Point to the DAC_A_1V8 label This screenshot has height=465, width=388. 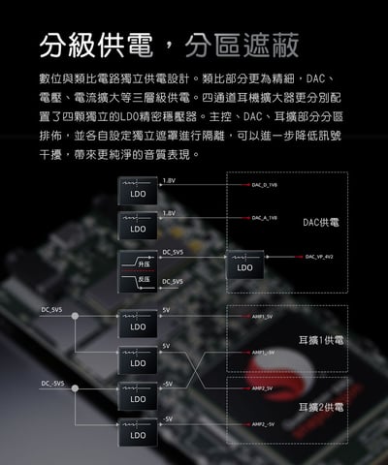(x=265, y=218)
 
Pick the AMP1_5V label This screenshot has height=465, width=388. (x=262, y=317)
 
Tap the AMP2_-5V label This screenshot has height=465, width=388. (x=263, y=424)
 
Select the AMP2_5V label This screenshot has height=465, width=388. (x=262, y=388)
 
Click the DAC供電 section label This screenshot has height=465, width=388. (x=320, y=223)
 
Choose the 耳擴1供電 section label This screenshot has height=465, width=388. (x=321, y=341)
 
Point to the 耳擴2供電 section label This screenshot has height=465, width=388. (x=321, y=407)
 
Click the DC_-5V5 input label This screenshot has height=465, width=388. (x=53, y=383)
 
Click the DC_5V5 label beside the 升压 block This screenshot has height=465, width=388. (x=174, y=252)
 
